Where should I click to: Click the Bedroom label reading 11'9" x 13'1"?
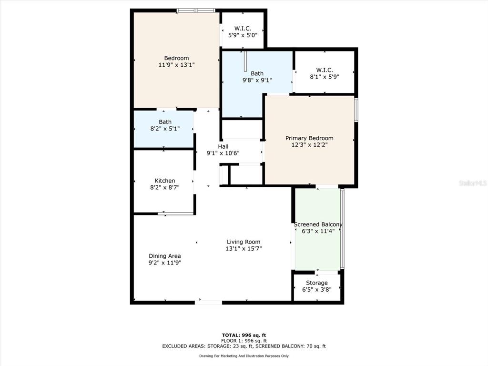(176, 61)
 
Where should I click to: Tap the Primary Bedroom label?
(309, 141)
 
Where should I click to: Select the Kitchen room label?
(164, 184)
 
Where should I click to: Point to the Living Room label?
(244, 245)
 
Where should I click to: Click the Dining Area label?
(164, 259)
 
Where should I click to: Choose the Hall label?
(223, 150)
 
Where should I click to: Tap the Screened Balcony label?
(318, 227)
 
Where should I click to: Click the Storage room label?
(316, 286)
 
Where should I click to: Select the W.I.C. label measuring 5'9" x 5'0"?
(243, 32)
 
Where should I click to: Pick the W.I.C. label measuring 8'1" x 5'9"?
(324, 73)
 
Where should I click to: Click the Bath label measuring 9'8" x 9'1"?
(257, 77)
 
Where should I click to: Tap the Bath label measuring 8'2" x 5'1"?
(165, 125)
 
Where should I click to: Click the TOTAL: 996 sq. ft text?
(244, 335)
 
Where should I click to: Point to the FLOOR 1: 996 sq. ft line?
(244, 340)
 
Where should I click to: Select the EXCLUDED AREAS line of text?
(244, 346)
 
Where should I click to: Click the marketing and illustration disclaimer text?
(244, 356)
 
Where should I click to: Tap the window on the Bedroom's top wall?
(196, 10)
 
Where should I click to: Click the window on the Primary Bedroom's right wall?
(356, 110)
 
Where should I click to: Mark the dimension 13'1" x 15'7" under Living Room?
(244, 248)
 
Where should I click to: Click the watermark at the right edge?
(473, 183)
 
